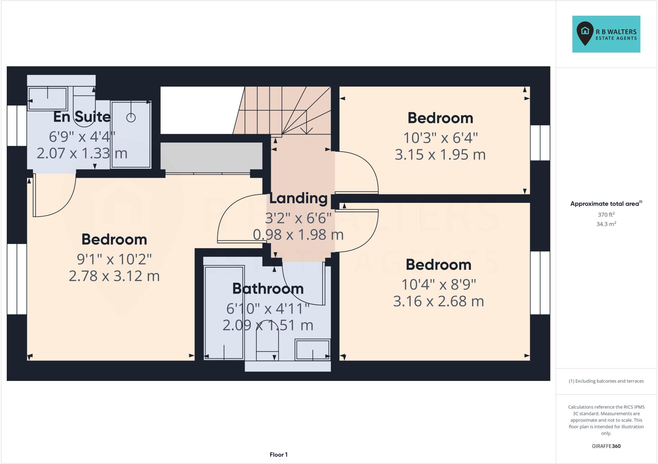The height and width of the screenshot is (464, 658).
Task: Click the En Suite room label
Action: pyautogui.click(x=82, y=117)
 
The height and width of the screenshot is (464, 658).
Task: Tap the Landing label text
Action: pyautogui.click(x=298, y=198)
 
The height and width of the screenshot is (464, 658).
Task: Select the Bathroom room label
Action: pyautogui.click(x=268, y=289)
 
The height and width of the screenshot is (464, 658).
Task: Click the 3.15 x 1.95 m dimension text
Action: pyautogui.click(x=440, y=155)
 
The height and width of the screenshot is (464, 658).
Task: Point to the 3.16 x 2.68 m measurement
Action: pyautogui.click(x=439, y=301)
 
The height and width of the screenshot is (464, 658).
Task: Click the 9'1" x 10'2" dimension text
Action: pyautogui.click(x=114, y=259)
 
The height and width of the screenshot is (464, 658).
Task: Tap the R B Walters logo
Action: pyautogui.click(x=606, y=34)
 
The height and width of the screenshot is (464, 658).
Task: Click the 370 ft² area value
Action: pyautogui.click(x=606, y=215)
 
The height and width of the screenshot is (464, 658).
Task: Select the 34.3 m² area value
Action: pyautogui.click(x=606, y=224)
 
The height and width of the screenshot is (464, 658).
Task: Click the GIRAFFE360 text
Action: pyautogui.click(x=606, y=446)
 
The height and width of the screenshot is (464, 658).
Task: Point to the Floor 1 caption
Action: pyautogui.click(x=279, y=455)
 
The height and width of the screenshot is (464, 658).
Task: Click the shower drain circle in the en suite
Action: pyautogui.click(x=131, y=118)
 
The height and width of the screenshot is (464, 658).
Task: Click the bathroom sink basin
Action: pyautogui.click(x=313, y=349)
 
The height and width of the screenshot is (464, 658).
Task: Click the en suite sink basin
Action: pyautogui.click(x=48, y=99)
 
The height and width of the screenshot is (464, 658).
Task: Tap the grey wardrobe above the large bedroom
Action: pyautogui.click(x=211, y=156)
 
